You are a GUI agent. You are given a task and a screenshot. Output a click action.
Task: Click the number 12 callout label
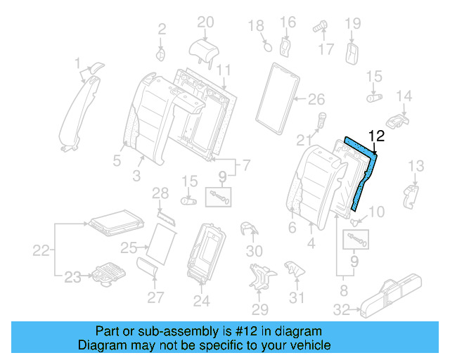377,136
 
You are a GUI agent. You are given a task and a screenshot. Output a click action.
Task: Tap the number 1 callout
78,64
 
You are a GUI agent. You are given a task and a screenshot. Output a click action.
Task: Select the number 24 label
202,301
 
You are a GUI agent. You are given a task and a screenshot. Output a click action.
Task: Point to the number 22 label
41,250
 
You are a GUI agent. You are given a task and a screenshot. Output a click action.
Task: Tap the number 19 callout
352,24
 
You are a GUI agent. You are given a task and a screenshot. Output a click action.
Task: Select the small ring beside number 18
267,46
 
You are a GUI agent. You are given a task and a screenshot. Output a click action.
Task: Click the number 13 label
416,166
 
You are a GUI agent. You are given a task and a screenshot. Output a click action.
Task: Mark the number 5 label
117,160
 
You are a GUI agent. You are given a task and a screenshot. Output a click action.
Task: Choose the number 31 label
297,297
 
